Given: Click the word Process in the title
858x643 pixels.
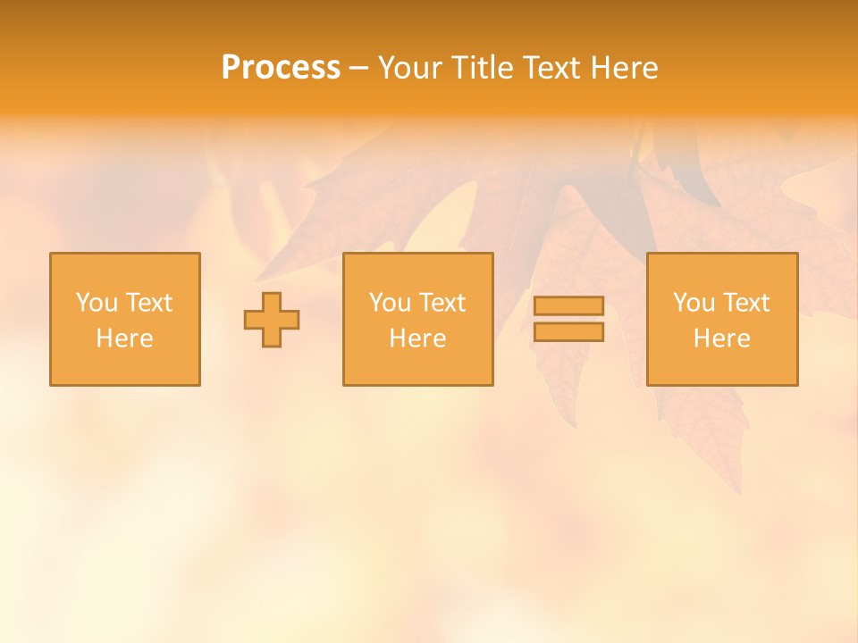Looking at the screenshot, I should pyautogui.click(x=281, y=67).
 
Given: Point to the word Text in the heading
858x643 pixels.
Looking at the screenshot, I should pyautogui.click(x=554, y=67).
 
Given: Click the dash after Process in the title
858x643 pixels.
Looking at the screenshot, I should pyautogui.click(x=358, y=68).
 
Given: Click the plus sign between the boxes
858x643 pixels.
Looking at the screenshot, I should pyautogui.click(x=272, y=320).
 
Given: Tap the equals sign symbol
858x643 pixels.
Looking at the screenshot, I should pyautogui.click(x=568, y=319).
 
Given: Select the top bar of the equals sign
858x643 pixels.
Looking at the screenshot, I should pyautogui.click(x=568, y=305).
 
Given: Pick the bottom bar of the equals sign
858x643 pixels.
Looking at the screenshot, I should pyautogui.click(x=568, y=331).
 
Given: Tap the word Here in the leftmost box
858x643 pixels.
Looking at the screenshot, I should pyautogui.click(x=124, y=338).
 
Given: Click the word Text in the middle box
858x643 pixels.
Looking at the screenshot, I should pyautogui.click(x=442, y=303).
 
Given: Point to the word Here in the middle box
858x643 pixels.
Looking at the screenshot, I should pyautogui.click(x=417, y=338).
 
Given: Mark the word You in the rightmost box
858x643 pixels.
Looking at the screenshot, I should pyautogui.click(x=694, y=303).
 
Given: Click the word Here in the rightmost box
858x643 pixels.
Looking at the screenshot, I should pyautogui.click(x=721, y=338).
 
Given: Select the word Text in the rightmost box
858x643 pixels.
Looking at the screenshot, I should pyautogui.click(x=745, y=303).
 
